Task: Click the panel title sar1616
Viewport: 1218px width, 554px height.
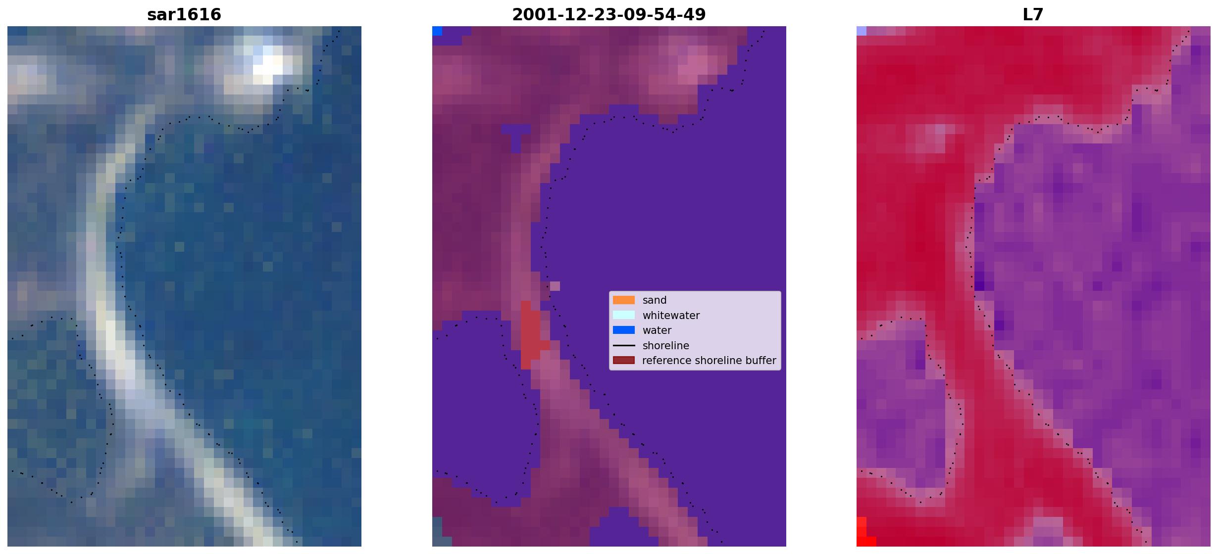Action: pos(184,14)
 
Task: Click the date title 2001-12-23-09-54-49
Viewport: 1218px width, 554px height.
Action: pos(609,14)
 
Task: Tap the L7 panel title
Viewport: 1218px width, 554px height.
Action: pos(1033,14)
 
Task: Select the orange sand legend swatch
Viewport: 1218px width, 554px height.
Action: pos(624,300)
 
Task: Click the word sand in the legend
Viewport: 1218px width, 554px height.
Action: pos(655,300)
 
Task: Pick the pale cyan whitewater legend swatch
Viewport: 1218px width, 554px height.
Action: pos(624,315)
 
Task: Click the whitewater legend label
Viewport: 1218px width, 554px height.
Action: pos(671,316)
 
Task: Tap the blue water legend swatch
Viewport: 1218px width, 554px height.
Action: pos(624,330)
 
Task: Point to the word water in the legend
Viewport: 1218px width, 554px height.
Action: pos(657,330)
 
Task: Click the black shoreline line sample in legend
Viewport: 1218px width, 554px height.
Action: pos(624,345)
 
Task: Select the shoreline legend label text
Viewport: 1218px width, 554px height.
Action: pos(666,345)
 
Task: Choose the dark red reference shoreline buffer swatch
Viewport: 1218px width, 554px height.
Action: pos(624,360)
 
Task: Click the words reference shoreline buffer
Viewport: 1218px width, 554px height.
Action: pos(709,361)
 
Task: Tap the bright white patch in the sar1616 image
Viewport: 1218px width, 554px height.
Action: pos(270,64)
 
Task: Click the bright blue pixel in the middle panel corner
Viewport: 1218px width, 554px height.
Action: pos(437,31)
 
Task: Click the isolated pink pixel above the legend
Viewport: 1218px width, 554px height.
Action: pos(555,286)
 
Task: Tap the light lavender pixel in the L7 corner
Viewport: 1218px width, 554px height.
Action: pos(862,31)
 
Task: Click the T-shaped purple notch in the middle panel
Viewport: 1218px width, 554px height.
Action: pos(515,137)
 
